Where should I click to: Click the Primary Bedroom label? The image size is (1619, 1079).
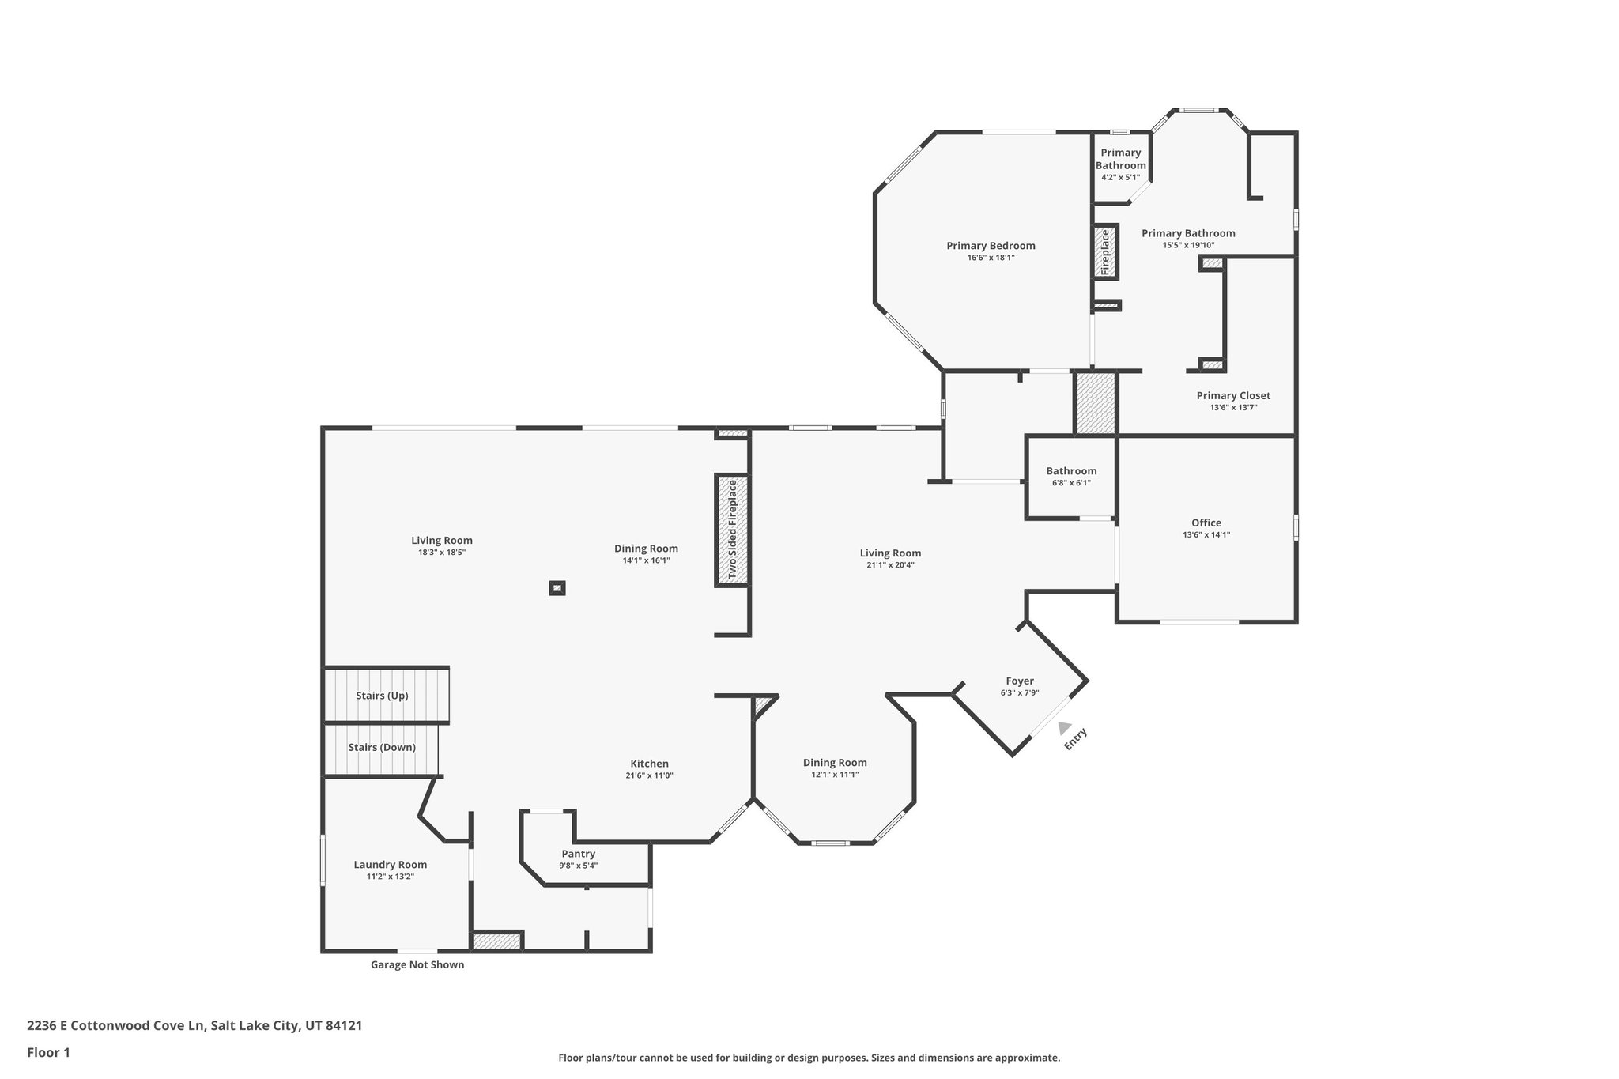[991, 246]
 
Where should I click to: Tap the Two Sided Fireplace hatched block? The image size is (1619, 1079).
[732, 530]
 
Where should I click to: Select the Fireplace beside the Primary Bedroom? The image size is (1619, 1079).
[1106, 252]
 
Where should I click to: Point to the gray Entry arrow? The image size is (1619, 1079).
[1064, 728]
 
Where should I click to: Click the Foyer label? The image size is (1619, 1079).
[1020, 681]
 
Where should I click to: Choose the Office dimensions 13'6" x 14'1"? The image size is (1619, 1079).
[1206, 534]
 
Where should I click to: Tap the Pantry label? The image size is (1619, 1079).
[578, 854]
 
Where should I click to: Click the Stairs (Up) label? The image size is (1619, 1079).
[382, 696]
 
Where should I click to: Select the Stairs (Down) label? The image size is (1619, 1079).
[382, 747]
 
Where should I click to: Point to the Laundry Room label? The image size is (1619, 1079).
[390, 865]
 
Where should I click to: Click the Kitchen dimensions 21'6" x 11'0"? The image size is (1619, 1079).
[649, 775]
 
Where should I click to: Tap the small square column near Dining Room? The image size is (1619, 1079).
[557, 587]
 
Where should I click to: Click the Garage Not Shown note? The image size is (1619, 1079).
[417, 964]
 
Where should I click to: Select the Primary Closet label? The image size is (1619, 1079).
[1233, 396]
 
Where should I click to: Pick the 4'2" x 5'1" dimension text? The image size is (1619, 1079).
[1120, 177]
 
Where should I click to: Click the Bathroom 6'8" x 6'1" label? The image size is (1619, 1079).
[1071, 471]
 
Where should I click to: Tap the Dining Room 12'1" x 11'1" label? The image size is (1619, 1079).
[835, 763]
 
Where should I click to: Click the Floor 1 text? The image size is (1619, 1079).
[48, 1052]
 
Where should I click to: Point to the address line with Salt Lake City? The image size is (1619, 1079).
[194, 1026]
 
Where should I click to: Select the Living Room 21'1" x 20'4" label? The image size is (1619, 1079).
[890, 553]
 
